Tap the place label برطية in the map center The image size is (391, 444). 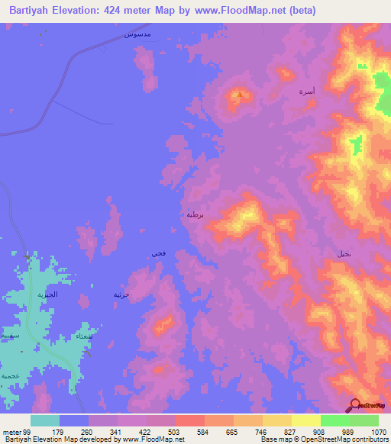(195, 214)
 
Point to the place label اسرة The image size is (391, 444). (307, 91)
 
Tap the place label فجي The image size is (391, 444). (158, 253)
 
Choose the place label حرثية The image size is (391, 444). (122, 294)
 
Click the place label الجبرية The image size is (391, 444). (49, 294)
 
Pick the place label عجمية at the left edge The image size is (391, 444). (9, 376)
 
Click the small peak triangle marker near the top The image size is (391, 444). (240, 95)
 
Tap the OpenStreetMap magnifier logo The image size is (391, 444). (355, 405)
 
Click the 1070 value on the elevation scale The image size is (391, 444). (377, 431)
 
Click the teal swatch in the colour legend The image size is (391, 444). (45, 420)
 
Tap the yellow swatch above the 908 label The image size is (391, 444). (306, 420)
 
